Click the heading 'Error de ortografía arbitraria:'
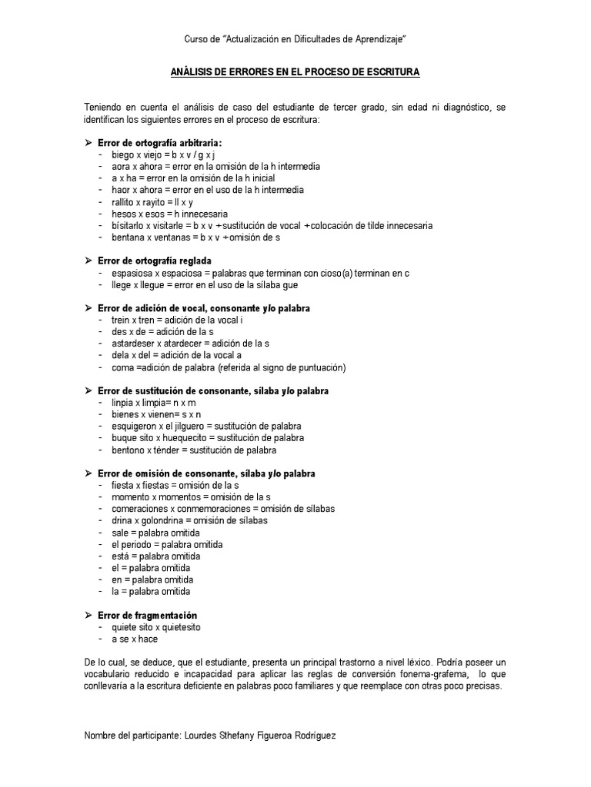pos(160,143)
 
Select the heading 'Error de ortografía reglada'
pos(155,261)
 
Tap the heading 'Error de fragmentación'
pos(148,616)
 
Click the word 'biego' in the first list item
pos(123,154)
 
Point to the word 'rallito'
pos(125,202)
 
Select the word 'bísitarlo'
pos(129,226)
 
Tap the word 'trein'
pos(122,320)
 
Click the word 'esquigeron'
pos(135,426)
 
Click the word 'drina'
pos(122,520)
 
